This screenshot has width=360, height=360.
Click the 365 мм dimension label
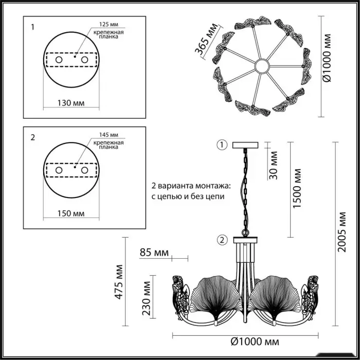pos(206,39)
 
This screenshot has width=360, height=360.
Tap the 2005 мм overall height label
pos(342,232)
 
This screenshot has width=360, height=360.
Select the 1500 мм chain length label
pos(297,188)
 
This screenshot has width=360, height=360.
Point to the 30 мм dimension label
pos(273,165)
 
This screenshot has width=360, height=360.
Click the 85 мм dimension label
pos(154,253)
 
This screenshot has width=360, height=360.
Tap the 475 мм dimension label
pos(119,282)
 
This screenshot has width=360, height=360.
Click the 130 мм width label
pos(71,103)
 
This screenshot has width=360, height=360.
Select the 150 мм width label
pos(71,213)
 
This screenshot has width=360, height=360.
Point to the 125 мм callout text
pos(109,24)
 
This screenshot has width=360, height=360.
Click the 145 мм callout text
pos(109,135)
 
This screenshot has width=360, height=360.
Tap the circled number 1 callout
pos(222,145)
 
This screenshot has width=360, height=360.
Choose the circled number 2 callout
pos(222,240)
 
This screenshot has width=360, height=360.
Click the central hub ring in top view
pos(262,66)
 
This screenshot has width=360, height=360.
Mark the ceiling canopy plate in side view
pos(245,145)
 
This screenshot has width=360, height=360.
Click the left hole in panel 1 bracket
pos(59,60)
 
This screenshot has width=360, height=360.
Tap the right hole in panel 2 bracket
pos(84,170)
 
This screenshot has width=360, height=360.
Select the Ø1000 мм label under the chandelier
pos(255,342)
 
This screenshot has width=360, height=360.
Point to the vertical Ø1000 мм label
pos(327,58)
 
